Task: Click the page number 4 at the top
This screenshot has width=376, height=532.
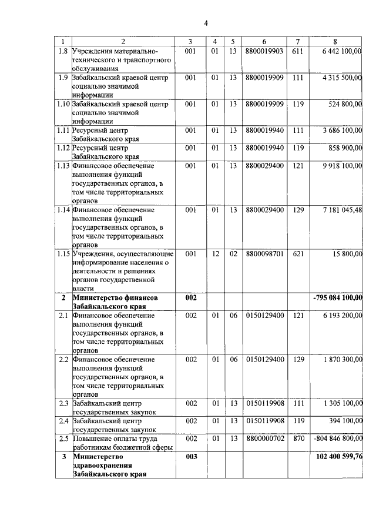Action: [206, 23]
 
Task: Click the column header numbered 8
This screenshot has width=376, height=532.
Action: [335, 41]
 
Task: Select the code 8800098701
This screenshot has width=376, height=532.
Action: [265, 253]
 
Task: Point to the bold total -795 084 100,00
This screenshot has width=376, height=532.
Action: [338, 298]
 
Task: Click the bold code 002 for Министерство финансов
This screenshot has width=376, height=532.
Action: [190, 298]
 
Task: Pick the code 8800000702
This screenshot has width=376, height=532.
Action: [265, 438]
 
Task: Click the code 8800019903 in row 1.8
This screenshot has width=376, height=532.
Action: [265, 51]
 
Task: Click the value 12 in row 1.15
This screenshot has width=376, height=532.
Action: [215, 253]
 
